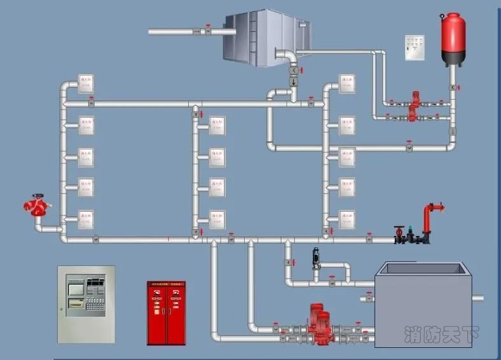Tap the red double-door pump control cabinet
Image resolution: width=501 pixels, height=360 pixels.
click(x=166, y=313)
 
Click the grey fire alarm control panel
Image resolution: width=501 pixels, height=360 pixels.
click(x=86, y=304)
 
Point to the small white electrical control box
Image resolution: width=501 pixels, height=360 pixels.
click(x=415, y=48)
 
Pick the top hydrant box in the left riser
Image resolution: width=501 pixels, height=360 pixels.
click(x=86, y=83)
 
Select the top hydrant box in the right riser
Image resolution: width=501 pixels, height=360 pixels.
click(x=347, y=83)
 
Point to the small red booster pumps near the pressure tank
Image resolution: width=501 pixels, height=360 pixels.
click(x=414, y=107)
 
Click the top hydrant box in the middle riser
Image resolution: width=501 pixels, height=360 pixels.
click(x=217, y=124)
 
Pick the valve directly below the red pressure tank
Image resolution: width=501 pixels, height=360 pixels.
click(x=452, y=87)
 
